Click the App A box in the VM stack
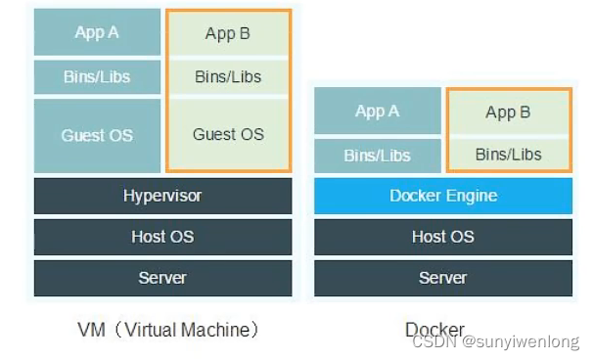pyautogui.click(x=97, y=32)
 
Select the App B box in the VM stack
pyautogui.click(x=228, y=34)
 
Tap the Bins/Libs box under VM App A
pyautogui.click(x=97, y=76)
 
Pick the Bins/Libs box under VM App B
pyautogui.click(x=228, y=76)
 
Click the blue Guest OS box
pyautogui.click(x=97, y=135)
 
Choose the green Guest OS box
pyautogui.click(x=228, y=134)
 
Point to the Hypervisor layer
pyautogui.click(x=162, y=196)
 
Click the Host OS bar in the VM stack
pyautogui.click(x=162, y=237)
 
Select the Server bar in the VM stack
pyautogui.click(x=162, y=278)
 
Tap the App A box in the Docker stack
pyautogui.click(x=377, y=112)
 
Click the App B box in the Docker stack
pyautogui.click(x=508, y=112)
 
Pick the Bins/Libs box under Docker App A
pyautogui.click(x=377, y=156)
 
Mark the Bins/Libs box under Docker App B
pyautogui.click(x=508, y=154)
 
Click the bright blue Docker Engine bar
pyautogui.click(x=442, y=196)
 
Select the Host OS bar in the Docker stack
pyautogui.click(x=442, y=237)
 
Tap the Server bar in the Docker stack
pyautogui.click(x=442, y=278)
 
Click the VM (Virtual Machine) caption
pyautogui.click(x=168, y=329)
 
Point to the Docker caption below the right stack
pyautogui.click(x=434, y=329)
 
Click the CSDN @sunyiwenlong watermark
pyautogui.click(x=495, y=342)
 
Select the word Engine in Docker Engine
pyautogui.click(x=472, y=196)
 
